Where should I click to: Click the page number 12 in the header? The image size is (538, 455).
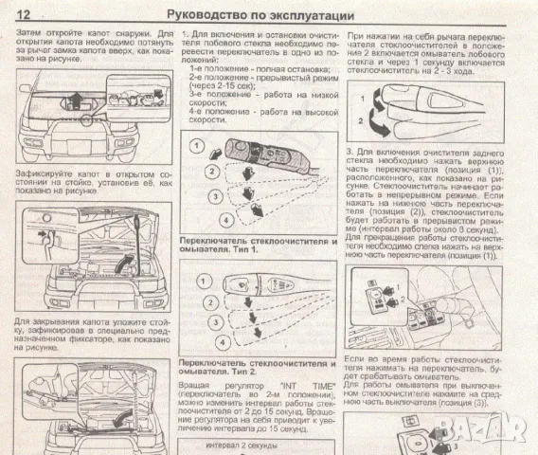(x=24, y=14)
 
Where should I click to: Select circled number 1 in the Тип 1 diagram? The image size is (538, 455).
(x=195, y=147)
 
